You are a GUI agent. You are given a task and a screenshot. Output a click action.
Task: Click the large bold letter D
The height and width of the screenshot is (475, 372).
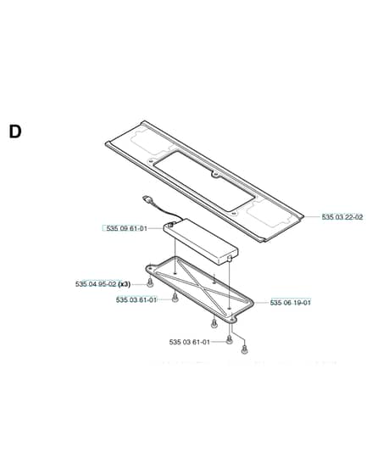[15, 131]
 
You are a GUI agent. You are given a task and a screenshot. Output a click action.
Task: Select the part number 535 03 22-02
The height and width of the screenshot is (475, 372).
[342, 217]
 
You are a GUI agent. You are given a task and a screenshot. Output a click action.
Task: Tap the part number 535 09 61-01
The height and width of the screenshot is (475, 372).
[127, 228]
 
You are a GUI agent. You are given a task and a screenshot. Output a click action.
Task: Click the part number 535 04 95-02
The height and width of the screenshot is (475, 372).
[96, 284]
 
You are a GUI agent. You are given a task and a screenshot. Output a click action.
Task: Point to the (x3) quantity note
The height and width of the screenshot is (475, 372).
[124, 284]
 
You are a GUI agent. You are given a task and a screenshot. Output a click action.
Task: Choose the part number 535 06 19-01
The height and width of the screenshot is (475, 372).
[291, 302]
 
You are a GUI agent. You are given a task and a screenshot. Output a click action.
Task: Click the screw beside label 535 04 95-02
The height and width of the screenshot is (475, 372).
[149, 284]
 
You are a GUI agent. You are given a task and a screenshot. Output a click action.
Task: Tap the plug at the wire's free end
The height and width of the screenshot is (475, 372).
[147, 199]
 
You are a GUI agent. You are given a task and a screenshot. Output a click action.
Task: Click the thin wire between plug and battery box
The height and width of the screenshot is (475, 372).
[165, 212]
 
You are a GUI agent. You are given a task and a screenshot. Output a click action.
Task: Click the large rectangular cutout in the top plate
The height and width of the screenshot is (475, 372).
[204, 182]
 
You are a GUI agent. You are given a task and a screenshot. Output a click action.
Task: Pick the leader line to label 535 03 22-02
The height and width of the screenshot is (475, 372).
[312, 217]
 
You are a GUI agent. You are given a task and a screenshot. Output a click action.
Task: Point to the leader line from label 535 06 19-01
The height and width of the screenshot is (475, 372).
[261, 302]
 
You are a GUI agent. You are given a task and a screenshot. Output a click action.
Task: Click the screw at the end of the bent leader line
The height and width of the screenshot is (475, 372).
[245, 349]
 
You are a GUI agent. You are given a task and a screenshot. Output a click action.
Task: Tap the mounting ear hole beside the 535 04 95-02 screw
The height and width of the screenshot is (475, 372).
[151, 268]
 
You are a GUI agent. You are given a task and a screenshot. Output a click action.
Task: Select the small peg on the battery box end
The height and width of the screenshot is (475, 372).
[229, 259]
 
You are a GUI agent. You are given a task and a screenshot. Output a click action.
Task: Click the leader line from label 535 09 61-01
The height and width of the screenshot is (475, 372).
[156, 228]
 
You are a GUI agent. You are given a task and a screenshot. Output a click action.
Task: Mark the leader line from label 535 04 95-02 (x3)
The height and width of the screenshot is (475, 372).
[139, 284]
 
